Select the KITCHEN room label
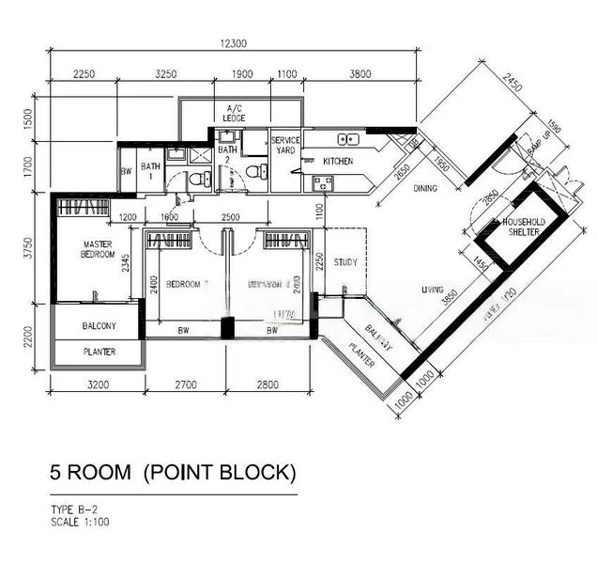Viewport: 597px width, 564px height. [x=338, y=162]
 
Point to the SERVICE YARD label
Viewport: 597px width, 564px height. [x=285, y=146]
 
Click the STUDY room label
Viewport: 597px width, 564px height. [x=344, y=262]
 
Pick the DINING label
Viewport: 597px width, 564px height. [x=425, y=188]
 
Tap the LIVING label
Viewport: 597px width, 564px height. [x=432, y=290]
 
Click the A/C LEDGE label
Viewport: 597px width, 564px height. [x=234, y=113]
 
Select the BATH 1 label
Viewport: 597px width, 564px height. [x=150, y=171]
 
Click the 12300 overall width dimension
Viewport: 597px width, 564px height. [x=233, y=43]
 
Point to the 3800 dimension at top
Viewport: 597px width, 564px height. [x=359, y=74]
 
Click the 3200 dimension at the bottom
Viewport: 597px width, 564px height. [x=99, y=384]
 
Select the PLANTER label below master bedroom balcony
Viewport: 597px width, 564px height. [x=99, y=352]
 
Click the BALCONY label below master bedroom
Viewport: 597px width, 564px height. [x=99, y=326]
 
